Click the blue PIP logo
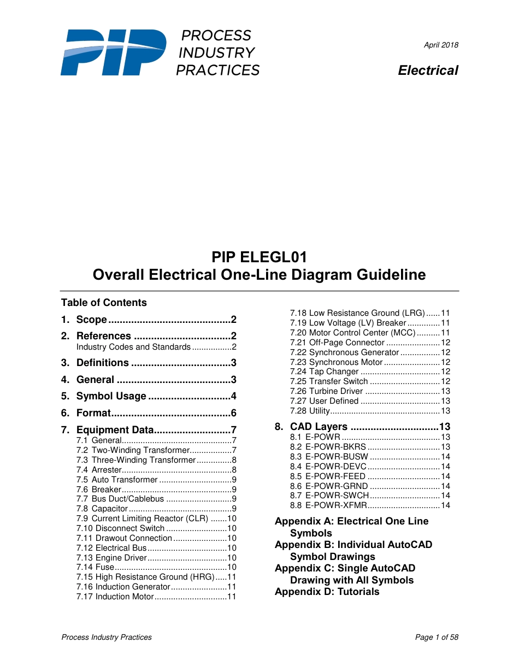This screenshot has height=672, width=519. tap(113, 52)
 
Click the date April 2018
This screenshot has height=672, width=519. tap(441, 45)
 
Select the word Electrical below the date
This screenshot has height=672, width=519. tap(428, 70)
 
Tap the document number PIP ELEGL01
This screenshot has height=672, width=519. tap(259, 257)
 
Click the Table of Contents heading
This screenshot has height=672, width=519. tap(104, 303)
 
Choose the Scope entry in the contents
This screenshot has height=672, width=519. tap(92, 320)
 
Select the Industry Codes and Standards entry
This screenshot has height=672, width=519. tap(133, 347)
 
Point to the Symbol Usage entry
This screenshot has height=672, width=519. tap(111, 396)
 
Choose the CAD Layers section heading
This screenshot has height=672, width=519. tap(319, 427)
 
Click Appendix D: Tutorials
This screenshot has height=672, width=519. tap(327, 592)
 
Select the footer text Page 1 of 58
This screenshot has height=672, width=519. tap(437, 637)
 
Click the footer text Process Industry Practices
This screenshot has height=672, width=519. tap(107, 637)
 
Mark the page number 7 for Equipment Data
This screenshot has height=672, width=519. tap(233, 430)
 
